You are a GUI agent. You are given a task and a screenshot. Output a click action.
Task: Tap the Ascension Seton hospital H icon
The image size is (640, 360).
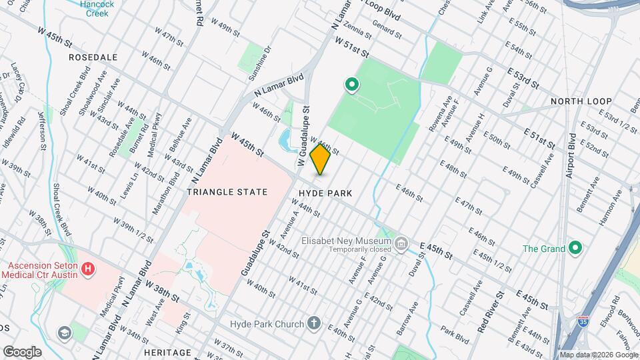tap(88, 270)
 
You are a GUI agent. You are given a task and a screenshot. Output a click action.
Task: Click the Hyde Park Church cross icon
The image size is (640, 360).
tap(315, 324)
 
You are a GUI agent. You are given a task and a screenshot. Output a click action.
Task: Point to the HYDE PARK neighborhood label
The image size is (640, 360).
tap(326, 193)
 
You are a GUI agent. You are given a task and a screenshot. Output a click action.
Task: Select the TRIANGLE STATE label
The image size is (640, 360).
tap(227, 192)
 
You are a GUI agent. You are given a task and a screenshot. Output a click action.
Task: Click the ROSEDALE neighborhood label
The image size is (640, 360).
tap(93, 57)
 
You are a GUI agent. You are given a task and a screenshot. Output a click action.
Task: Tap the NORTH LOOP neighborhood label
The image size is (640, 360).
tap(581, 101)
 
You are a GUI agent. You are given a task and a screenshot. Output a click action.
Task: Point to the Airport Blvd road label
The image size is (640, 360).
tap(571, 159)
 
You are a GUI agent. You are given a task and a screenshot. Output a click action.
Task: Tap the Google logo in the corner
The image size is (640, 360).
tap(22, 351)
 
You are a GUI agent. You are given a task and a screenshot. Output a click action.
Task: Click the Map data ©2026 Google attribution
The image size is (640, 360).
tap(599, 355)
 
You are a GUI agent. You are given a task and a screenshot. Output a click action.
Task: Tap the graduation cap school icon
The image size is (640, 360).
tap(64, 333)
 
